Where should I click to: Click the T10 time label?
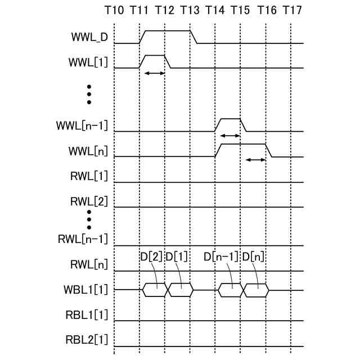point(115,10)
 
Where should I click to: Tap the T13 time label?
point(190,10)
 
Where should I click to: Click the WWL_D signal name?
point(89,38)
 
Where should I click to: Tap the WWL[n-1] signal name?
point(84,125)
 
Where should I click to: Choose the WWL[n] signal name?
point(90,151)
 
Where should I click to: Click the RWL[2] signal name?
point(89,201)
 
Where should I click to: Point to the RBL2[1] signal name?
point(87,340)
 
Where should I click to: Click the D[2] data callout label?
point(151,257)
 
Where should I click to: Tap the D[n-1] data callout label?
point(221,257)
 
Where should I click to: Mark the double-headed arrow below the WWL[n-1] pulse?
point(229,136)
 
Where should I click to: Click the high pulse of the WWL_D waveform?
point(167,31)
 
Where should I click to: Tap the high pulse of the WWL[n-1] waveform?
point(230,119)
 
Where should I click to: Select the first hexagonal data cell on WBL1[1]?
point(155,290)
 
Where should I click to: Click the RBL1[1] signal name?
point(87,315)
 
